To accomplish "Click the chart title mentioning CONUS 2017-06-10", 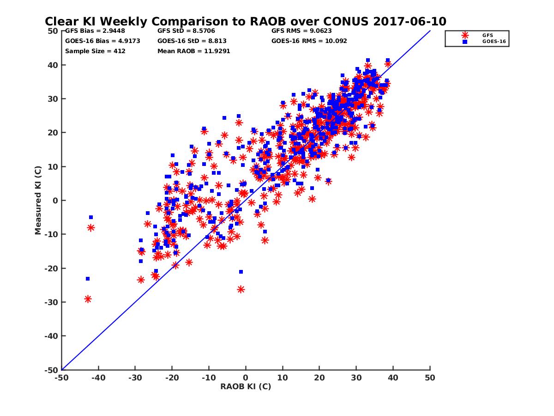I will [245, 21].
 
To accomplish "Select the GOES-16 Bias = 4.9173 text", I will [102, 41].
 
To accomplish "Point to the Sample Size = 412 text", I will [95, 51].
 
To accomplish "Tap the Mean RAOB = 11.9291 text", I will [193, 51].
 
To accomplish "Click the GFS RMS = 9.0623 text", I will [301, 31].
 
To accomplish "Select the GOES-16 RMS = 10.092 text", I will [309, 41].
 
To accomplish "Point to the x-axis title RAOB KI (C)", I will [246, 386].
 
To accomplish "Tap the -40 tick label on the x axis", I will [98, 378].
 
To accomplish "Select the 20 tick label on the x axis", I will [319, 378].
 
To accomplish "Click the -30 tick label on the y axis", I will [51, 302].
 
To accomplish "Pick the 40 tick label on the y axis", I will [53, 65].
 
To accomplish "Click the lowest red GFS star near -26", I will [241, 289].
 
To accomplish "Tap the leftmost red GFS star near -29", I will [88, 299].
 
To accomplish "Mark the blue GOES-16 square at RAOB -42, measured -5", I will [91, 217].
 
